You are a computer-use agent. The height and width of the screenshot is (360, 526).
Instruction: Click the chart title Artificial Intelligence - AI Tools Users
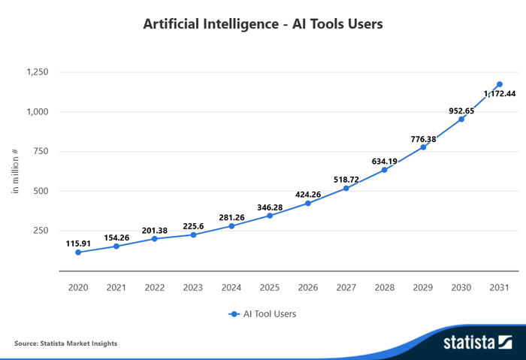[263, 24]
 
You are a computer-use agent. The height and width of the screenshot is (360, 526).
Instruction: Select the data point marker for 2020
[78, 253]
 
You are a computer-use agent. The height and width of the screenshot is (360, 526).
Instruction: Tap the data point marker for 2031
[500, 85]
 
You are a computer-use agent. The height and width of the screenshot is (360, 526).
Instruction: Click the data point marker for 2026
[308, 203]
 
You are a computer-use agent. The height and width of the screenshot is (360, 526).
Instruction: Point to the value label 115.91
[78, 244]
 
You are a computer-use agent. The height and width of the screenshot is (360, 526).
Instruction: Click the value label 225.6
[193, 225]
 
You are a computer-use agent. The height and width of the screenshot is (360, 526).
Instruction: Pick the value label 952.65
[461, 110]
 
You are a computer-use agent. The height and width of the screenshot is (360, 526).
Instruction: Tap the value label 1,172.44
[500, 94]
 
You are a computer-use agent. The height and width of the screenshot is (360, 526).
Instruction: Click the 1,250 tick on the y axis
[37, 72]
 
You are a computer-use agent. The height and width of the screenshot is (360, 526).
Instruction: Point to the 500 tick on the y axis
[41, 191]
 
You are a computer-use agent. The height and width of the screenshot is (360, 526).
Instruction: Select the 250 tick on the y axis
[41, 230]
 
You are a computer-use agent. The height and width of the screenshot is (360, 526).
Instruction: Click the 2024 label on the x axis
[231, 287]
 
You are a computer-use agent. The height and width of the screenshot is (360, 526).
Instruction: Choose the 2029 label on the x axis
[423, 287]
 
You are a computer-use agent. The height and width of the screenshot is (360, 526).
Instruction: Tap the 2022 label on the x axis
[155, 287]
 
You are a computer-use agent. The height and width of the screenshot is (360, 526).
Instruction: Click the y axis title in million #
[15, 171]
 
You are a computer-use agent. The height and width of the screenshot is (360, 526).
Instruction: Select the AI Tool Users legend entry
[263, 314]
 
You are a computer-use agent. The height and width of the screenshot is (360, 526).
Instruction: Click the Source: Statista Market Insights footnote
[65, 343]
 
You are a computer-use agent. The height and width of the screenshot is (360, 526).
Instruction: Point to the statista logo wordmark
[469, 343]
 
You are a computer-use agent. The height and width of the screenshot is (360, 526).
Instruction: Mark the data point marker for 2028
[385, 170]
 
